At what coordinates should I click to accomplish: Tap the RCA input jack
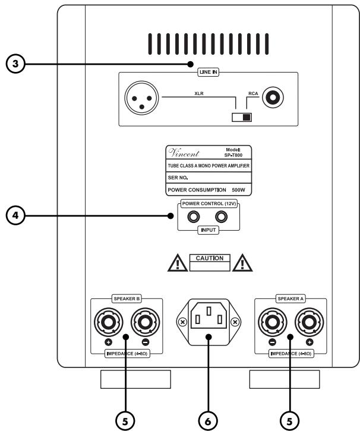(274, 95)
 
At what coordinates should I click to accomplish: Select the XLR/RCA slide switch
(242, 117)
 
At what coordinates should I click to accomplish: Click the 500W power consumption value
(239, 191)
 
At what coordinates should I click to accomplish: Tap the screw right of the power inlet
(236, 322)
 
